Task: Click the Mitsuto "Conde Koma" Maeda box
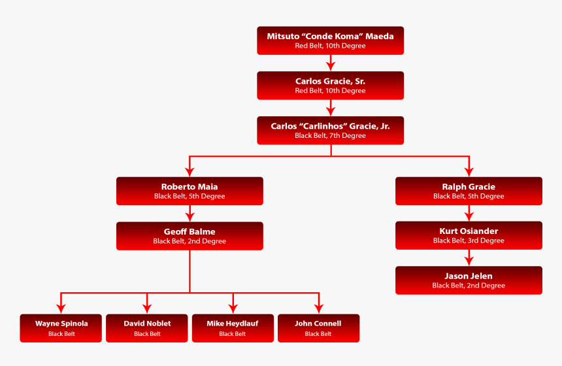[330, 41]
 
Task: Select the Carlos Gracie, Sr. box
[330, 86]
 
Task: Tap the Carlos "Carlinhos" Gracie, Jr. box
[330, 130]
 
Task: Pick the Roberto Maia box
[190, 191]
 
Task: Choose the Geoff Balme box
[190, 236]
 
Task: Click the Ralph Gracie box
[469, 191]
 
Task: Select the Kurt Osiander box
[469, 235]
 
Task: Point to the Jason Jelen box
[469, 280]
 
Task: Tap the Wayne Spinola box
[61, 328]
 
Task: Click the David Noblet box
[147, 328]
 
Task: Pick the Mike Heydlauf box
[233, 328]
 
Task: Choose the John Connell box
[318, 328]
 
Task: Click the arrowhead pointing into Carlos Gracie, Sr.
[331, 67]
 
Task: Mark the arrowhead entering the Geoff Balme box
[190, 217]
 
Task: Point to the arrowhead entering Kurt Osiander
[469, 217]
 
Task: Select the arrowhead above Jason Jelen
[469, 261]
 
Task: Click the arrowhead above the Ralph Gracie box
[469, 172]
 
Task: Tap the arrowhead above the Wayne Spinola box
[61, 309]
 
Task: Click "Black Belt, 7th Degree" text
[330, 136]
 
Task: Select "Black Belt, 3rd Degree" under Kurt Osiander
[469, 241]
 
